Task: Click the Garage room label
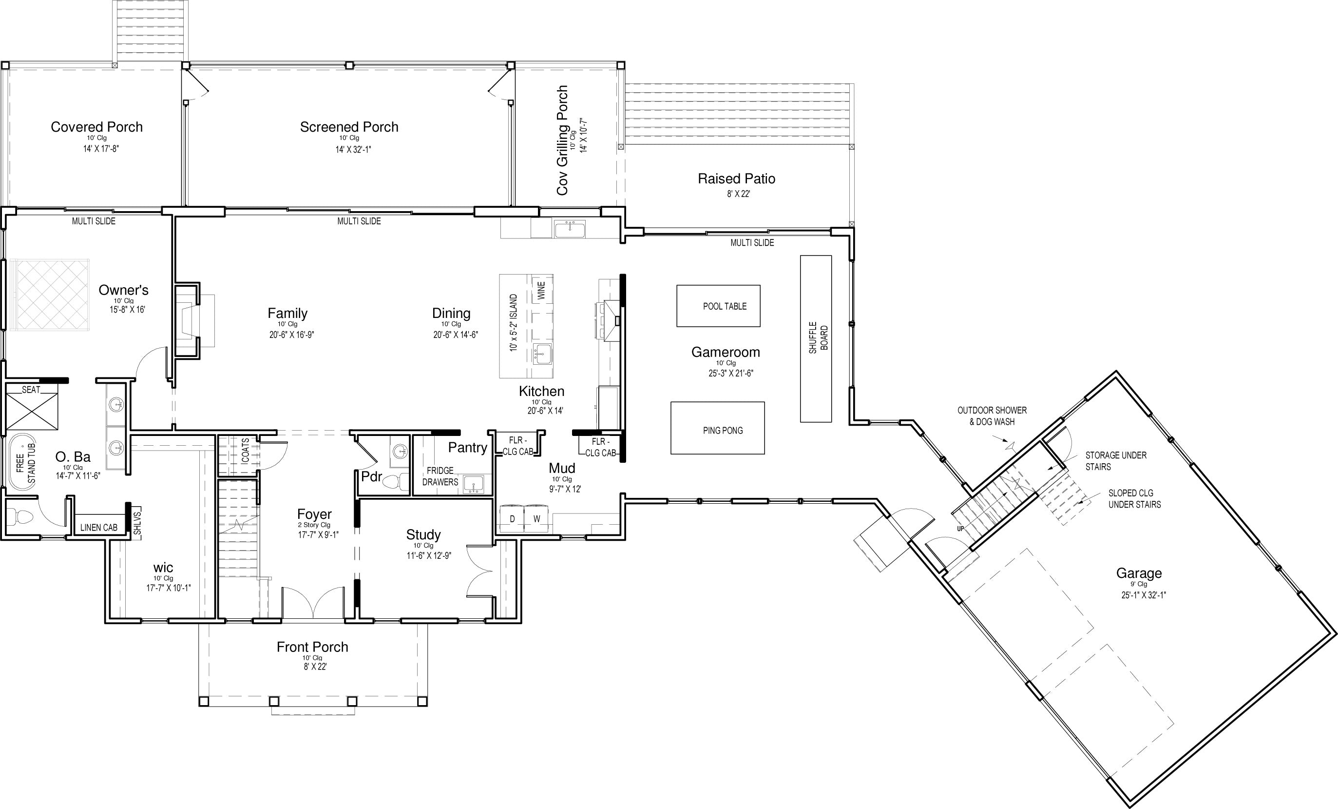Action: [1139, 573]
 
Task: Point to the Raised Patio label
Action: [736, 179]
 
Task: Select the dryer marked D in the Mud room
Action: [512, 519]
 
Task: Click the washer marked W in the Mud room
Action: [536, 519]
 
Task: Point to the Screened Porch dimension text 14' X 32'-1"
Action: [353, 149]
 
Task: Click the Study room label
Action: [423, 534]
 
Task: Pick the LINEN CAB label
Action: [99, 528]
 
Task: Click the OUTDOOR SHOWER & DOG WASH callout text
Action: [992, 415]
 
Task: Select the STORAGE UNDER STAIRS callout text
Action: [1116, 461]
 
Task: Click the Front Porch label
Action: [312, 647]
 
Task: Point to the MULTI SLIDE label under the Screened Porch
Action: [359, 221]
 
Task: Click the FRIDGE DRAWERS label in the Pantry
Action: [440, 476]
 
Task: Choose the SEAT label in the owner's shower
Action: [31, 390]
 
